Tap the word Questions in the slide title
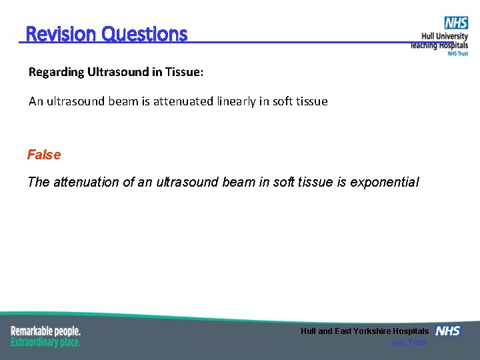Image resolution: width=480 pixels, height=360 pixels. click(144, 34)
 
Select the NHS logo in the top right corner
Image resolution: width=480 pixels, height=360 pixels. click(456, 23)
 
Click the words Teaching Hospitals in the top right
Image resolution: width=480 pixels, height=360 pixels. click(439, 45)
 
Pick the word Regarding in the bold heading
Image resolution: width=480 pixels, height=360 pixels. click(56, 72)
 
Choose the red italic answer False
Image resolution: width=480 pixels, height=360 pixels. click(44, 155)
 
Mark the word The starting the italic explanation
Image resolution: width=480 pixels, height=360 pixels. click(38, 182)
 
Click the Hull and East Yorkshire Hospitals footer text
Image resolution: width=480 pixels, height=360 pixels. click(365, 331)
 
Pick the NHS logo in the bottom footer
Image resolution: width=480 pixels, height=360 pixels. click(447, 331)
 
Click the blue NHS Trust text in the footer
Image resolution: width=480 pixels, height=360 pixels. click(409, 343)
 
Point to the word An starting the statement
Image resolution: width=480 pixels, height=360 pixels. click(35, 101)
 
